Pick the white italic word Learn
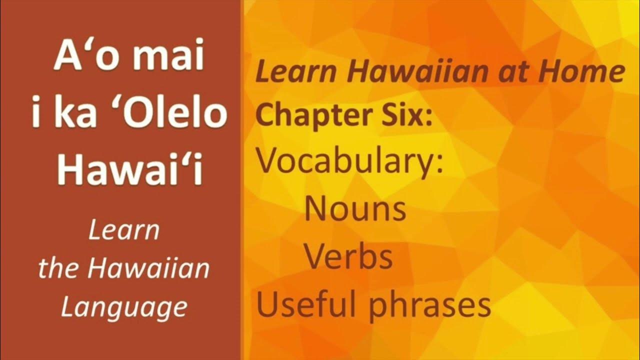(x=123, y=231)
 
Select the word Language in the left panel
(x=123, y=306)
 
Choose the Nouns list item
(x=355, y=209)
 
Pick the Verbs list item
(x=348, y=257)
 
